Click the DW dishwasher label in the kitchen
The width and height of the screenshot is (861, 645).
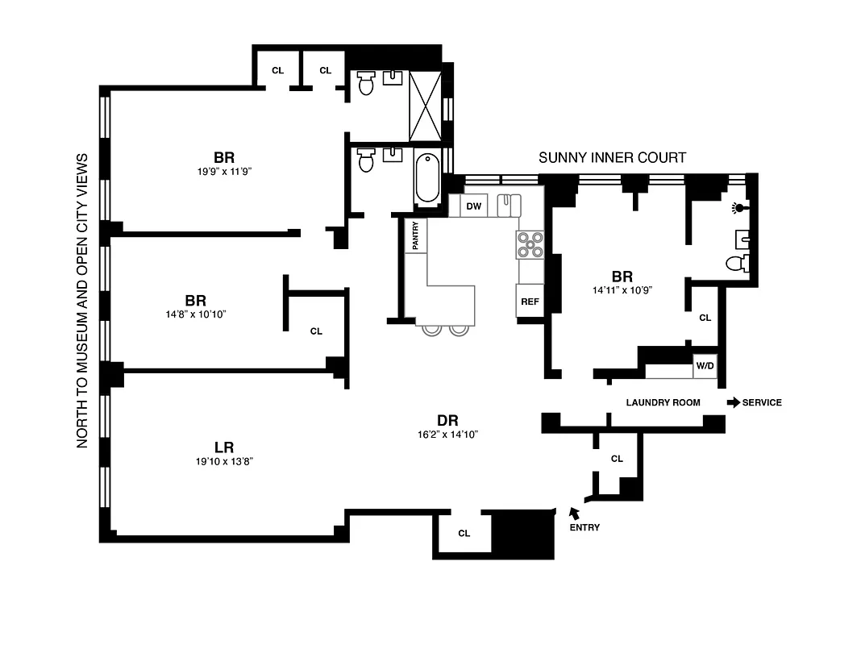[474, 207]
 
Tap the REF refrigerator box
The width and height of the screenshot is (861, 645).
[529, 302]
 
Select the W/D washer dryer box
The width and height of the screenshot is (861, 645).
[705, 366]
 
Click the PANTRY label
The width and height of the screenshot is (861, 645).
[416, 235]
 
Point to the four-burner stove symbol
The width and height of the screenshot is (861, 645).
[530, 244]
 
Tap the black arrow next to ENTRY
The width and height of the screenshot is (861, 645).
[574, 513]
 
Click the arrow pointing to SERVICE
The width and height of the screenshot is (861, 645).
[733, 402]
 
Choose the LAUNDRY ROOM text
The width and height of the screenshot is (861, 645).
[663, 402]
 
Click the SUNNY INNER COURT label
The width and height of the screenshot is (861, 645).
[612, 157]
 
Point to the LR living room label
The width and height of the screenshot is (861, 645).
[223, 447]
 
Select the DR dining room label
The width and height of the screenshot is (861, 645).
[447, 420]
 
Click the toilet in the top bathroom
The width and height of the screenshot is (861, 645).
[367, 82]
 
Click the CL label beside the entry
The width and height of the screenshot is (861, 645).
[617, 459]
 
